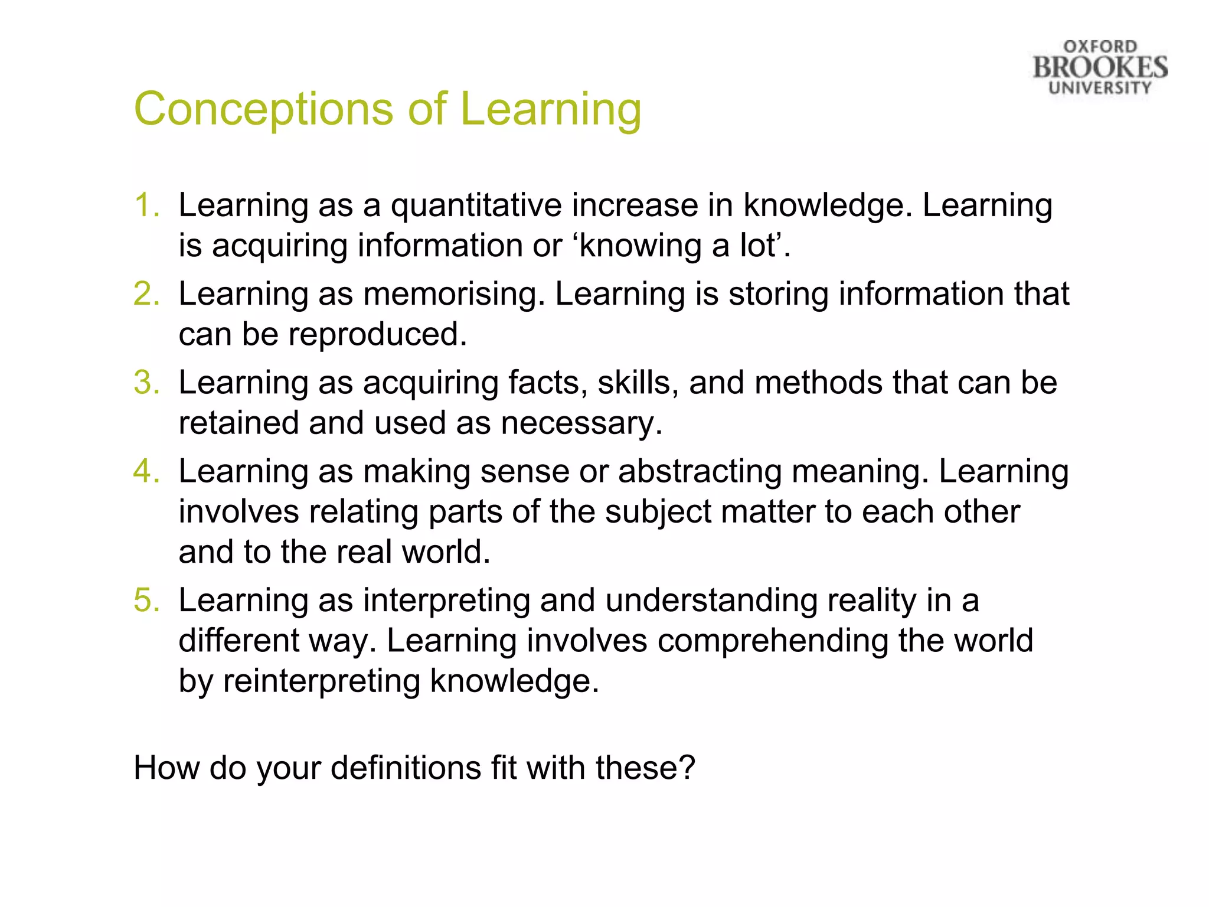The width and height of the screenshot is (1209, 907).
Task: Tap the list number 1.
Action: click(146, 205)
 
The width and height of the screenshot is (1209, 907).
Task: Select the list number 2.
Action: click(146, 294)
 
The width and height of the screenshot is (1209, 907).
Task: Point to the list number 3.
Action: click(146, 383)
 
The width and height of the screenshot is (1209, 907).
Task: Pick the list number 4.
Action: click(146, 471)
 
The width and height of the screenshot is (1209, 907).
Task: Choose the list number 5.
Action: click(146, 600)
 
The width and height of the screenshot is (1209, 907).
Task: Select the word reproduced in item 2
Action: click(377, 335)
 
